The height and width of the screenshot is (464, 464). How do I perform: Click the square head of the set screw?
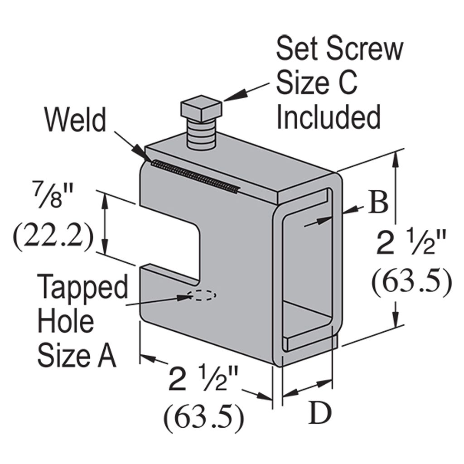pyautogui.click(x=201, y=109)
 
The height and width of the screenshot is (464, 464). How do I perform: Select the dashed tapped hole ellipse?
pyautogui.click(x=202, y=295)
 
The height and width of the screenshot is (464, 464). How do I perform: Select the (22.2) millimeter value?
pyautogui.click(x=53, y=237)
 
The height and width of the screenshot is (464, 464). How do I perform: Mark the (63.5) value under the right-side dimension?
pyautogui.click(x=411, y=282)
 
